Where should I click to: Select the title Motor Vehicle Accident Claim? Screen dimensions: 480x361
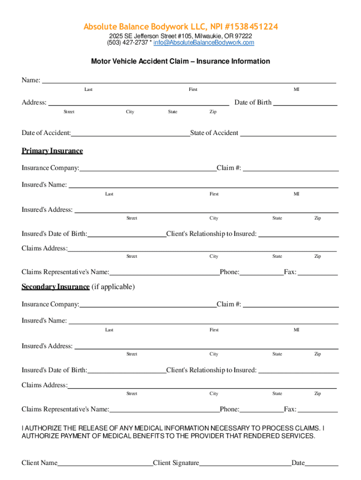[180, 61]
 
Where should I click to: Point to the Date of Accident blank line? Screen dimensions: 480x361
[130, 134]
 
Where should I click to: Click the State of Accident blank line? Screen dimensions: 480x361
[288, 134]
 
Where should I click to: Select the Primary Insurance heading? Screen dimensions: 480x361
[52, 151]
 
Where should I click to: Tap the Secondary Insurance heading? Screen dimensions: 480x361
[55, 287]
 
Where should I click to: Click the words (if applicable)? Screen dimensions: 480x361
[113, 287]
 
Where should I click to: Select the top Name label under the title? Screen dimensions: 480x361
[30, 80]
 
